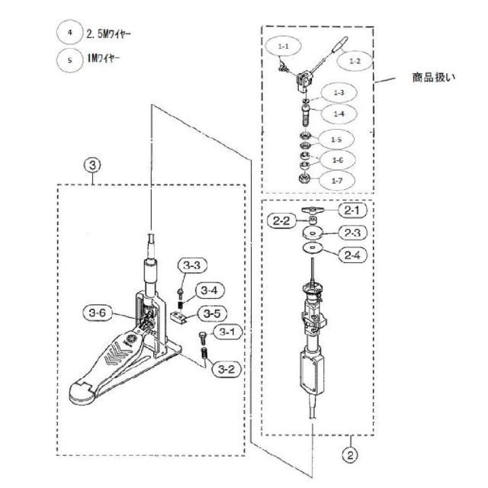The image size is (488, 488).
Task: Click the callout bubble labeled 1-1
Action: [284, 47]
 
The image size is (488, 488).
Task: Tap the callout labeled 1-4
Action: [338, 113]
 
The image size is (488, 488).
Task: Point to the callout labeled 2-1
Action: [353, 210]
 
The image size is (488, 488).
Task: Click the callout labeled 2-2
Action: [280, 222]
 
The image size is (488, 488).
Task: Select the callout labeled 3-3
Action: [191, 266]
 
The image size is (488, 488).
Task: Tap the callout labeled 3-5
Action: [210, 313]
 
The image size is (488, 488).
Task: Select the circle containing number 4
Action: [69, 32]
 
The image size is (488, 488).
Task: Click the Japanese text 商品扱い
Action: [434, 78]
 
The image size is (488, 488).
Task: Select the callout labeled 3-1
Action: [227, 332]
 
